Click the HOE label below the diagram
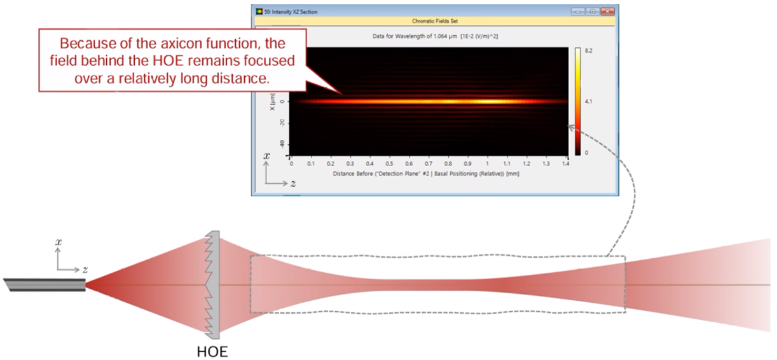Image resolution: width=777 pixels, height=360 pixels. click(x=212, y=352)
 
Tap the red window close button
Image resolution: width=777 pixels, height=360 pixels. click(x=607, y=11)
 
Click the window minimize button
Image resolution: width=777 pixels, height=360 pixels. click(x=578, y=11)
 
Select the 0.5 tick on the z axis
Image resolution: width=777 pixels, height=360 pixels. click(x=390, y=163)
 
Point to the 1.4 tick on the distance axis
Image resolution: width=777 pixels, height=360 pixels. click(x=566, y=163)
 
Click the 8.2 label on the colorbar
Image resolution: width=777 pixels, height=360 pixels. click(x=589, y=51)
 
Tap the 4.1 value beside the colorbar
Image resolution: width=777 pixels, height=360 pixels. click(x=589, y=102)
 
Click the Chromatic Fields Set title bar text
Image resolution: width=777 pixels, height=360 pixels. click(x=435, y=21)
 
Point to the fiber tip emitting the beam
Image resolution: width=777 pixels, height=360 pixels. click(x=85, y=285)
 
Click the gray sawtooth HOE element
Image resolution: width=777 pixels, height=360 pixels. click(x=212, y=285)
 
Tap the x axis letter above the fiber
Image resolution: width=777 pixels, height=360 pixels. click(x=58, y=242)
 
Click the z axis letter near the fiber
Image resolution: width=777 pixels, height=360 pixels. click(x=85, y=270)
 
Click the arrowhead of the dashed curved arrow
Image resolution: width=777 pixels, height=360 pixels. click(x=570, y=127)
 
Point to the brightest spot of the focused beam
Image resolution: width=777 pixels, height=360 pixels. click(x=489, y=102)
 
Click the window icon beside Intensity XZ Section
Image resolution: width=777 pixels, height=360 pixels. click(x=259, y=11)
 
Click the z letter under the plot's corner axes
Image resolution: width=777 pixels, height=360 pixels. click(x=293, y=183)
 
